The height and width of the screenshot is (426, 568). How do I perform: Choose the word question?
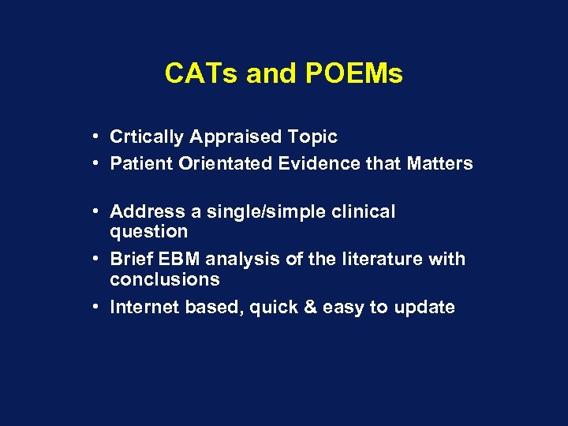tap(149, 232)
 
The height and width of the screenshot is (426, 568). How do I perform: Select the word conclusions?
tap(165, 279)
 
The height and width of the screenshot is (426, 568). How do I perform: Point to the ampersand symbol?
tap(305, 307)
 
